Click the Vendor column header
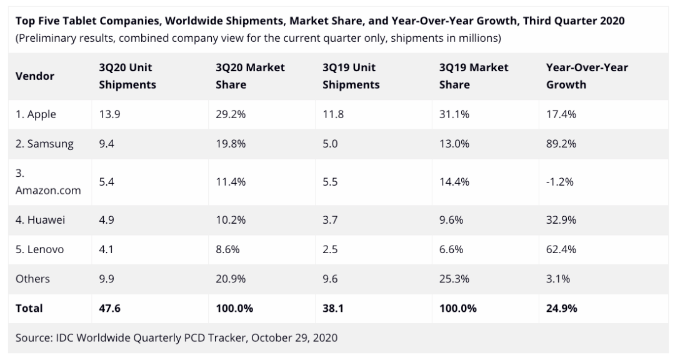point(34,76)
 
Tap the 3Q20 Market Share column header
point(250,76)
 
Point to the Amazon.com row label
point(48,190)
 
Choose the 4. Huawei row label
point(41,220)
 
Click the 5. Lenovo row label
point(40,249)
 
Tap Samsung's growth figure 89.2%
point(561,144)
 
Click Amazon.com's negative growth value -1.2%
point(559,182)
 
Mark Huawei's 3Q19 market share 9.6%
point(451,220)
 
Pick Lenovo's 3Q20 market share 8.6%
point(227,249)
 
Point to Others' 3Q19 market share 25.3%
point(454,279)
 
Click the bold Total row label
point(29,308)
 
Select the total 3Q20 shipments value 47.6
point(109,308)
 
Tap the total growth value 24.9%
point(562,308)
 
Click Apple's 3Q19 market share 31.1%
point(454,114)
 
